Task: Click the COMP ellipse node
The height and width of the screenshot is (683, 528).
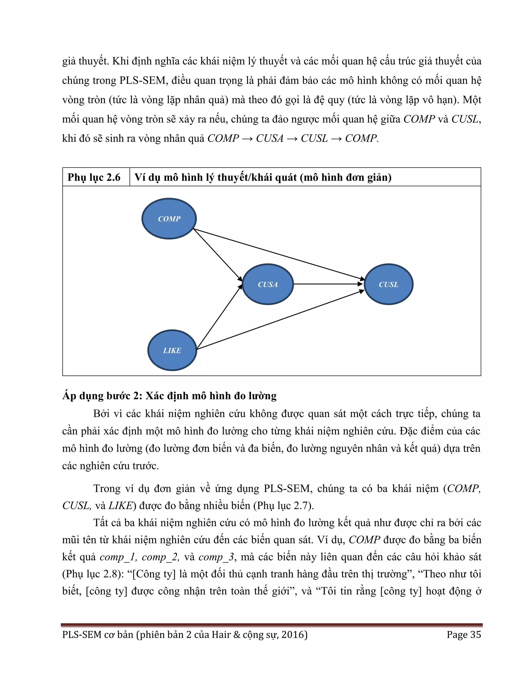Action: tap(169, 219)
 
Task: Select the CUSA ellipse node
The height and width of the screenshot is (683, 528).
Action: tap(268, 284)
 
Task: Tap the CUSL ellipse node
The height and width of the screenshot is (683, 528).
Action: tap(389, 284)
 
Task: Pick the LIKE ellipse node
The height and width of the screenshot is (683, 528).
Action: tap(172, 350)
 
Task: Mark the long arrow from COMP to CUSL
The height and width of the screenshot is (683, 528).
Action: tap(278, 254)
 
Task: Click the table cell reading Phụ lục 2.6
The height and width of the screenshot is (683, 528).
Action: tap(94, 177)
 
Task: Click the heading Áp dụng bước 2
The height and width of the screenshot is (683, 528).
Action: tap(169, 396)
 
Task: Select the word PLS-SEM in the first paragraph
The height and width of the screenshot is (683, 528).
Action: tap(142, 80)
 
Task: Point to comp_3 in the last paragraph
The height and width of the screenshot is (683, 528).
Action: tap(217, 557)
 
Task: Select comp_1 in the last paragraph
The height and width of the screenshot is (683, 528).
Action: tap(118, 557)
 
